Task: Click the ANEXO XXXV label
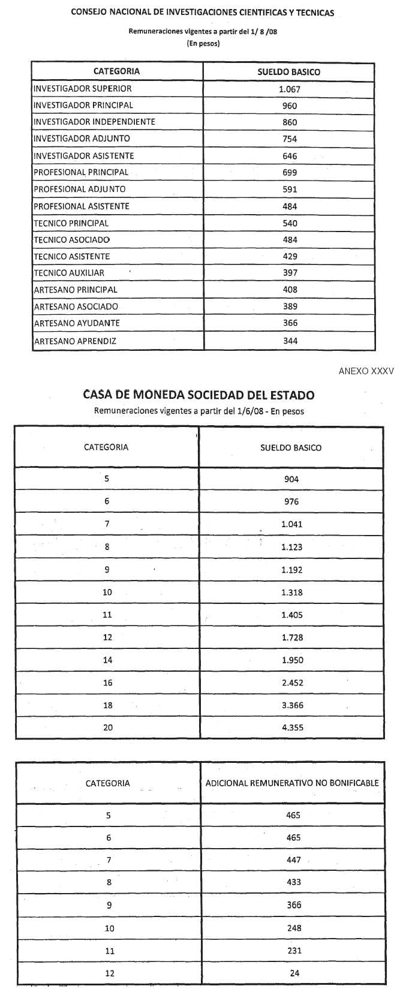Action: (x=366, y=371)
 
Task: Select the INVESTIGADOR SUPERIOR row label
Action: (x=83, y=89)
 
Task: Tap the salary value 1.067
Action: (x=290, y=89)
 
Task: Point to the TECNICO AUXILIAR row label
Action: (x=69, y=273)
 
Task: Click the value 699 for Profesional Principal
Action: (x=290, y=173)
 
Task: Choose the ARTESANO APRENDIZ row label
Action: (x=75, y=341)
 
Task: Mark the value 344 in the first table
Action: (x=290, y=341)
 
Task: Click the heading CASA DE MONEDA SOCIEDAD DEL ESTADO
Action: (x=199, y=395)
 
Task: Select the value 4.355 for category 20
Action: (x=292, y=728)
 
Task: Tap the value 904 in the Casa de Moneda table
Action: (x=291, y=479)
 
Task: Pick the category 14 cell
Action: (x=107, y=660)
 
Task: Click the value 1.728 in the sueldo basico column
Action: (x=292, y=638)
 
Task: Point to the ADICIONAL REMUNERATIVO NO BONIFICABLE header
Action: (x=292, y=783)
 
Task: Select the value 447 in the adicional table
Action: (x=294, y=860)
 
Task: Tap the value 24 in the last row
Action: (x=294, y=973)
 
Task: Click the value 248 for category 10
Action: (x=294, y=928)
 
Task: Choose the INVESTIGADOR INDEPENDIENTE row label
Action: (x=94, y=122)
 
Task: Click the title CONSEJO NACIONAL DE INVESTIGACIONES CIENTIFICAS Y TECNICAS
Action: (x=203, y=13)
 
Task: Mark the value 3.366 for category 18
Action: (x=292, y=705)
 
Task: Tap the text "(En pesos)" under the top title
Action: (x=203, y=44)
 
